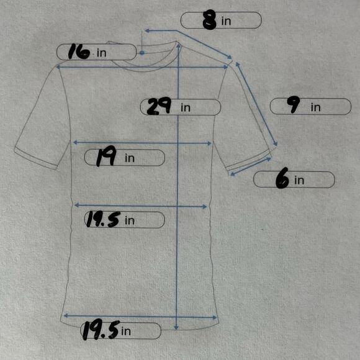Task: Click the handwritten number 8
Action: (209, 21)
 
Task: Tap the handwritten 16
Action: (79, 52)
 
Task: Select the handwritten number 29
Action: (159, 106)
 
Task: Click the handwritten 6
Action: (282, 178)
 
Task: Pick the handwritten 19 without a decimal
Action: (106, 156)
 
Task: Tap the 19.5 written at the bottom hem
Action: (101, 330)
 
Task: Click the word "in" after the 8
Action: (226, 21)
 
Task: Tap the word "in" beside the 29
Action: (186, 107)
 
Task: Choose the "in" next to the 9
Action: (316, 107)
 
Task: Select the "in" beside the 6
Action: (299, 180)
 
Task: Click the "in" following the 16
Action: (101, 53)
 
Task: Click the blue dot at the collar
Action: (142, 53)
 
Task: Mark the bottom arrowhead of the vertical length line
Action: (176, 328)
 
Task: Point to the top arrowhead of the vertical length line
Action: (179, 46)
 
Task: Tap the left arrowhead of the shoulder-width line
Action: (58, 67)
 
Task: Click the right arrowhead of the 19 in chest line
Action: (209, 143)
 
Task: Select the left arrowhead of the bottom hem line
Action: (66, 316)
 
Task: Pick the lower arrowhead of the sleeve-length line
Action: (276, 144)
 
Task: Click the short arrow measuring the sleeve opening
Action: (251, 167)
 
